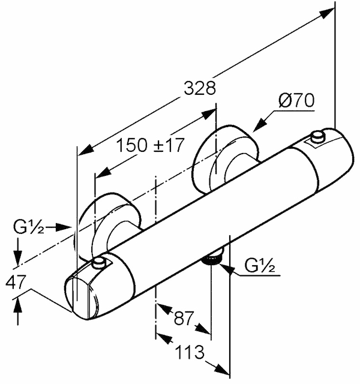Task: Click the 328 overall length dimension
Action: point(200,88)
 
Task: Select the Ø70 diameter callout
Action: point(296,101)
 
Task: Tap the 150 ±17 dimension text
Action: point(149,145)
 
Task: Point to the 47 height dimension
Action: point(15,282)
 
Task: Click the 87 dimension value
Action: point(184,318)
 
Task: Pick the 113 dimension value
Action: point(190,352)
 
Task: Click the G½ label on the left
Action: point(29,227)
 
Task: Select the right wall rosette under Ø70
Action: point(226,160)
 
